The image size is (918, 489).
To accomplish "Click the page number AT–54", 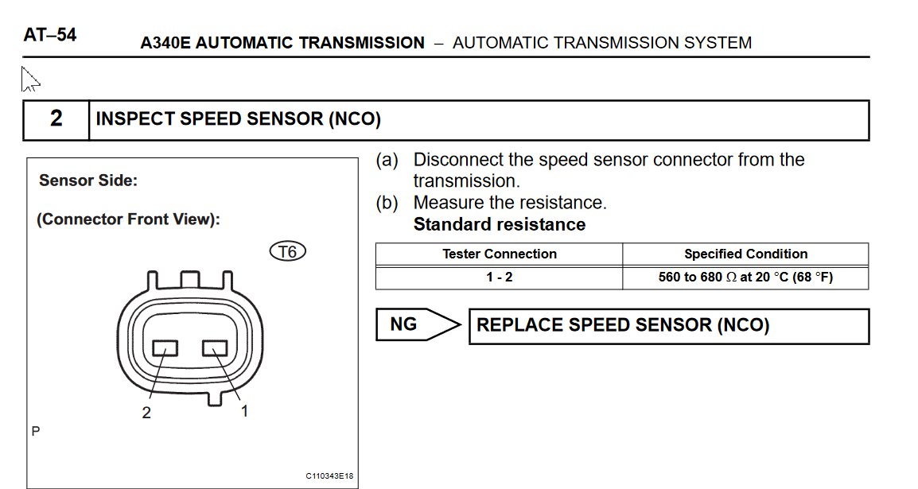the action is (x=50, y=35).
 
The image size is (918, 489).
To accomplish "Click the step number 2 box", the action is (x=56, y=120).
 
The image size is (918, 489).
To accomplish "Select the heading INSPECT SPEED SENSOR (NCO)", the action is (x=239, y=118).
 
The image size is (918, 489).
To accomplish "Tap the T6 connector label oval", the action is (x=287, y=251).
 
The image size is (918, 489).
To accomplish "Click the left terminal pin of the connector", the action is (x=165, y=348).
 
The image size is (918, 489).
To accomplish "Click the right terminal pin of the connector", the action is (x=215, y=348).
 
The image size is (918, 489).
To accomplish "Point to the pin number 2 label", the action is (x=146, y=413).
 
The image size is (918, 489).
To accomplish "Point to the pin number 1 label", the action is (x=245, y=411).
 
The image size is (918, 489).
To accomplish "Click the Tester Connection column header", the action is (x=500, y=254).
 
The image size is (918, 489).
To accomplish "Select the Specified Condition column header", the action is (x=746, y=254).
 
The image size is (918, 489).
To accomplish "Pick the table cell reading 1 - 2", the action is (x=499, y=277).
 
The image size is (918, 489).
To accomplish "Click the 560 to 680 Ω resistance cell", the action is (x=745, y=277).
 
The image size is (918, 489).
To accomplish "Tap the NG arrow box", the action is (x=418, y=324).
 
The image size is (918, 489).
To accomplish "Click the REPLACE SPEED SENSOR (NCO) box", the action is (x=669, y=326).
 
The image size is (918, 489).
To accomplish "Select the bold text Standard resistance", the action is (x=500, y=224).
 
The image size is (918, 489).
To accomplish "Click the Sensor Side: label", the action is (x=88, y=180).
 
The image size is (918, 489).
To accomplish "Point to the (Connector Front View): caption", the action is (x=128, y=219).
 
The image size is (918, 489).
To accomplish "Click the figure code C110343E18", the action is (x=329, y=476).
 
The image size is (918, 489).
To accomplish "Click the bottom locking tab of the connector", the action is (x=216, y=398).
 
